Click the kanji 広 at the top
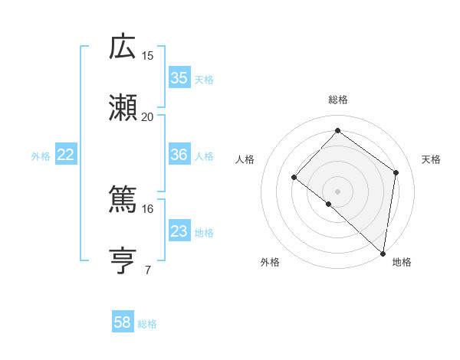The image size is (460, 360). click(123, 47)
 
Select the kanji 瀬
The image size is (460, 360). click(123, 108)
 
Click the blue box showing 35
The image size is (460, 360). click(179, 77)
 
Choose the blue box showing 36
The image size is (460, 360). click(179, 155)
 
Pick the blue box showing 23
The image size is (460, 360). click(179, 231)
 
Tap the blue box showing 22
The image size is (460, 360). click(65, 155)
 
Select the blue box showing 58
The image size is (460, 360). click(122, 322)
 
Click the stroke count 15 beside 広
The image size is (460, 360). click(148, 55)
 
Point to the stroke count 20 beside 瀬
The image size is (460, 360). click(148, 116)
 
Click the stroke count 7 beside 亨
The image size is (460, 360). click(148, 270)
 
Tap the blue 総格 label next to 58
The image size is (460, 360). click(147, 324)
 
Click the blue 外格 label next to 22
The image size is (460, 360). click(41, 156)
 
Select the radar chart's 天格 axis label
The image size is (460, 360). click(431, 159)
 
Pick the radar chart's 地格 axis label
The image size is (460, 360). click(402, 262)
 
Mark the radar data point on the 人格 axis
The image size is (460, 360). click(294, 178)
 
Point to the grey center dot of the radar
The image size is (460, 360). click(337, 191)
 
